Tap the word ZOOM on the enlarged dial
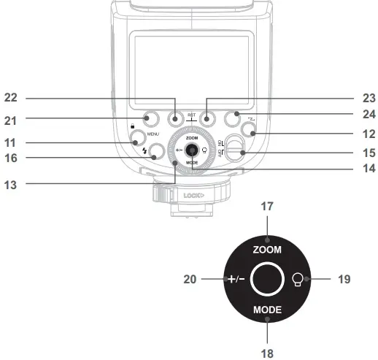tap(267, 249)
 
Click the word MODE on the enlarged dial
tap(267, 310)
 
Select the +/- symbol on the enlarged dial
tap(234, 279)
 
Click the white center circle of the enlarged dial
tap(267, 279)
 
